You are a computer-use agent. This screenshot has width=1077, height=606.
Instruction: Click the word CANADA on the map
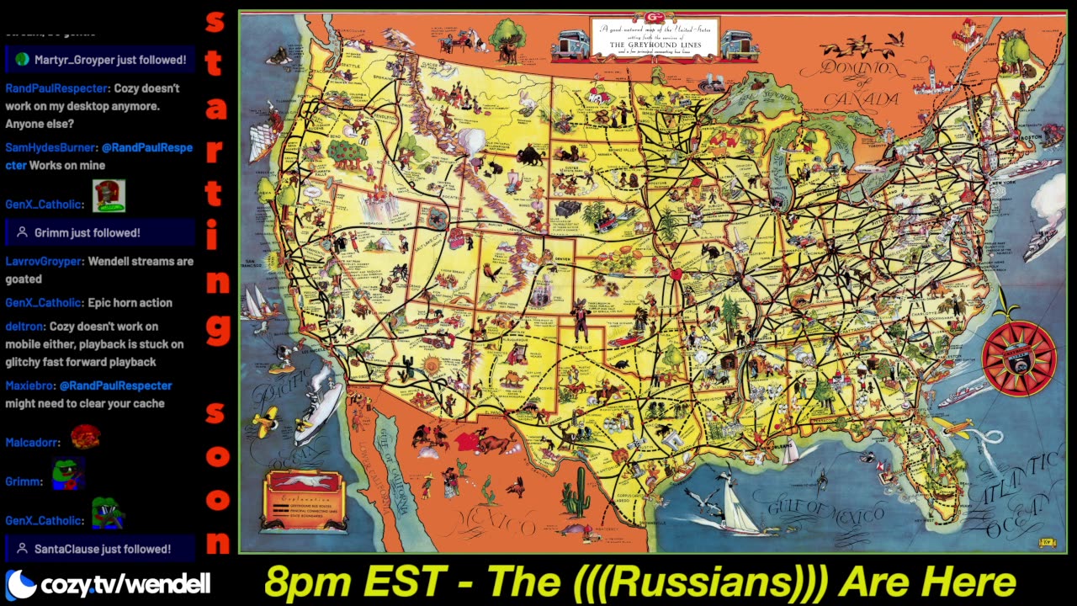click(x=861, y=99)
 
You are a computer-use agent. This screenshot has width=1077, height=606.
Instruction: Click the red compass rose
click(x=1018, y=356)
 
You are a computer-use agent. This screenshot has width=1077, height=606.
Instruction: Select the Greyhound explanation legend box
click(x=305, y=501)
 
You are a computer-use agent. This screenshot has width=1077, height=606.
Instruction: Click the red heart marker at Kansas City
click(x=675, y=274)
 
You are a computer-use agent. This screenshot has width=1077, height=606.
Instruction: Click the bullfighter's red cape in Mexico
click(x=464, y=440)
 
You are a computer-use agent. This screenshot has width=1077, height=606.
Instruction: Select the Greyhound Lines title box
click(x=653, y=38)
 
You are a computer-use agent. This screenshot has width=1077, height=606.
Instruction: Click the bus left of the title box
click(x=570, y=44)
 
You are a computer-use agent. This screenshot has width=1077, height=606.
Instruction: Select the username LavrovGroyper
click(x=44, y=261)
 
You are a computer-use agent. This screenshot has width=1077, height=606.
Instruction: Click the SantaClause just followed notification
click(x=100, y=549)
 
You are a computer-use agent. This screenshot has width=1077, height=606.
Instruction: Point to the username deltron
click(x=24, y=327)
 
